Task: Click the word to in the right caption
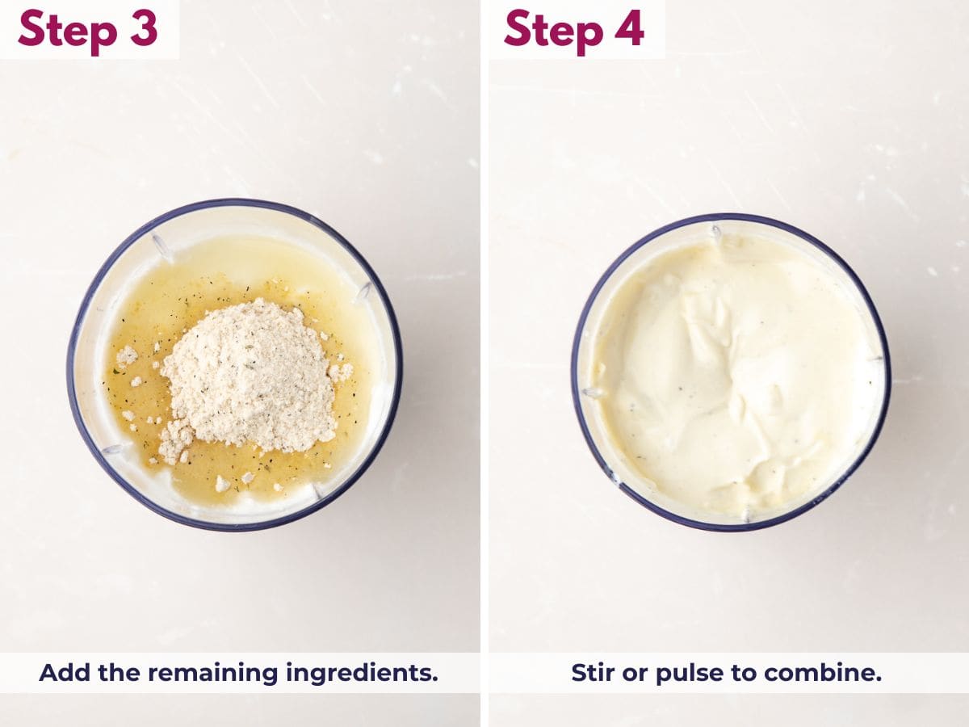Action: click(735, 673)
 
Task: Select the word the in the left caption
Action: click(121, 673)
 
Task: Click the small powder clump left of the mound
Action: click(127, 355)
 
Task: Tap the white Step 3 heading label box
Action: click(89, 29)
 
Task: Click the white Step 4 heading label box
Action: click(575, 29)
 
